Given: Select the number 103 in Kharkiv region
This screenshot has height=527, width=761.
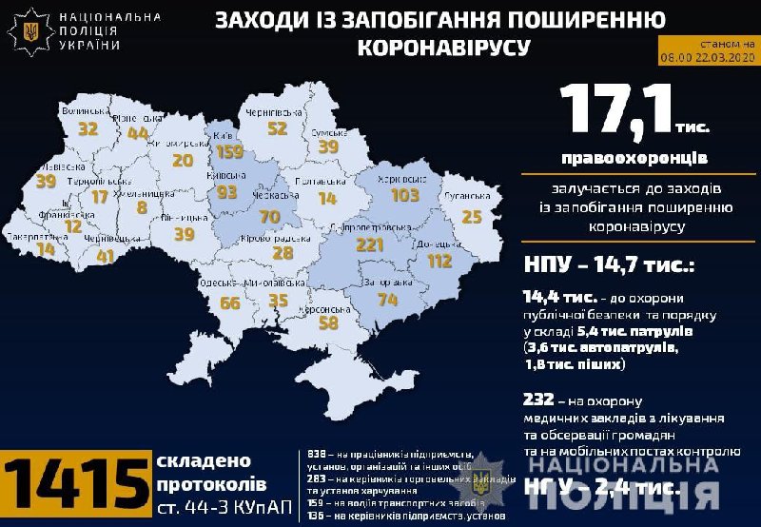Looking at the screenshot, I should (404, 195).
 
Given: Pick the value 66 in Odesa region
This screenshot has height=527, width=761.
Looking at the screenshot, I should (230, 303).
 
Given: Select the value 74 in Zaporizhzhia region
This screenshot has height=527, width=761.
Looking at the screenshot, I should (387, 299).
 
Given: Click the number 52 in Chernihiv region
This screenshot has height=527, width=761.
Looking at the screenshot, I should (278, 128).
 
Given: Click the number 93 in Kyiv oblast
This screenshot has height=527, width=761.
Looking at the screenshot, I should (226, 192).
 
